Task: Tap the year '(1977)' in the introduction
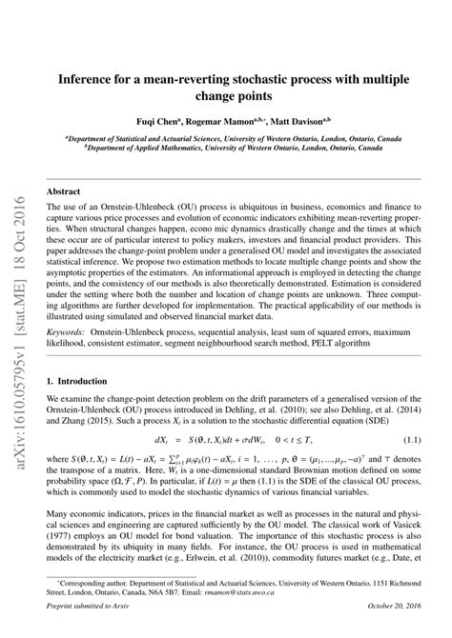click(x=61, y=554)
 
